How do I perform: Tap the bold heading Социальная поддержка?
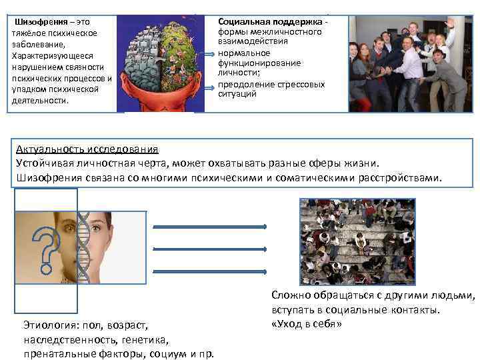point(269,22)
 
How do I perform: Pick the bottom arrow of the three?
point(210,271)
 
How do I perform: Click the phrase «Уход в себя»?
point(307,324)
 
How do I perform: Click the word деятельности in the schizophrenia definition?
point(39,101)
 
